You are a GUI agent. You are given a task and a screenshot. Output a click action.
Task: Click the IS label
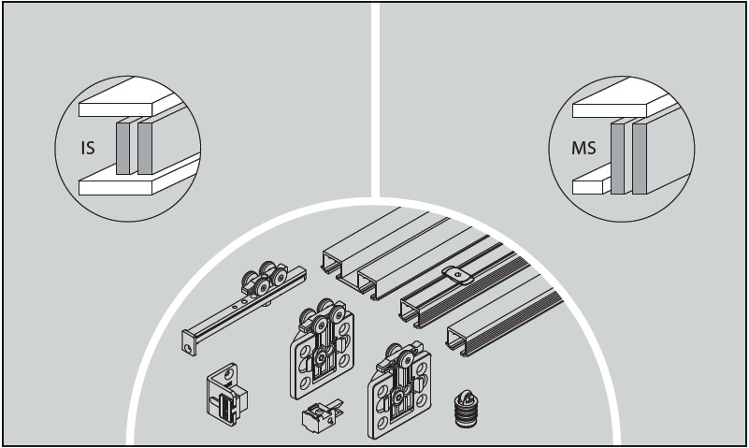88,148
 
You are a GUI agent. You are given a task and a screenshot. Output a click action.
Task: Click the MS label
583,148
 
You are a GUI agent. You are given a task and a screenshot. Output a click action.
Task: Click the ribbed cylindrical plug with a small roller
466,410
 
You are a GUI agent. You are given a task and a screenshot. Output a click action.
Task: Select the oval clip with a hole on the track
457,274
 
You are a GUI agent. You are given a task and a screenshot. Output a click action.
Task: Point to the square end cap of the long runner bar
189,343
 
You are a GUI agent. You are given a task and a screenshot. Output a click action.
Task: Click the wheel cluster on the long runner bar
263,279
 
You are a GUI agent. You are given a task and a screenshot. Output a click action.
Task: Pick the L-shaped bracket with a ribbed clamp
226,394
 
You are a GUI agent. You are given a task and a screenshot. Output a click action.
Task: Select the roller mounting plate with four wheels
323,349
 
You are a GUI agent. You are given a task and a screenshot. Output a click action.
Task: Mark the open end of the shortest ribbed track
457,341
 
